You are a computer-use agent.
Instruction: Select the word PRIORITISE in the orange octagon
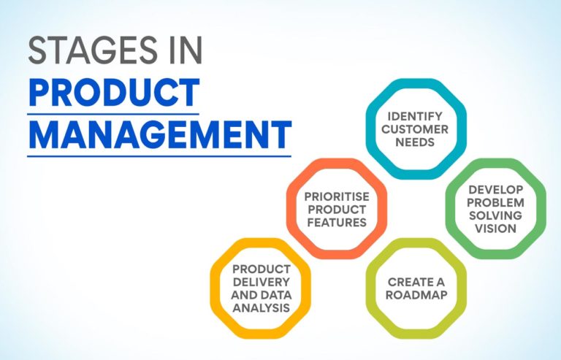336,196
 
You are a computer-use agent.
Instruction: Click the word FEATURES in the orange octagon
336,222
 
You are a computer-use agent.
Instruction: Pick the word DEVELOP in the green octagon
496,189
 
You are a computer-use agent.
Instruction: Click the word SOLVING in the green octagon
496,215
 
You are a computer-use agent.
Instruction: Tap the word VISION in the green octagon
496,229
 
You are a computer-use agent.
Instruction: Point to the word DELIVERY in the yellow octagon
262,282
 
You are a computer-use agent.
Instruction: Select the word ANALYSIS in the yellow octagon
262,308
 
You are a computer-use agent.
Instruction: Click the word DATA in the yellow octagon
275,295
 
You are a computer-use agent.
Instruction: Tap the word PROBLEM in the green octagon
496,202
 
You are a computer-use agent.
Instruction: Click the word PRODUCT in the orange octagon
336,209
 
